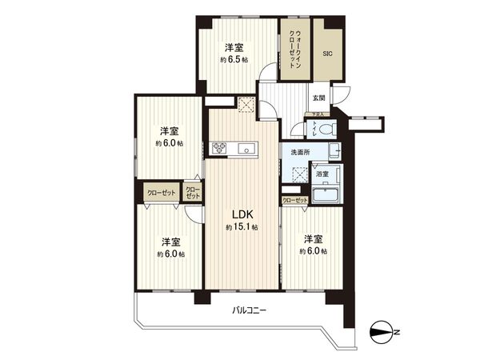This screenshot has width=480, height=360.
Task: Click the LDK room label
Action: [243, 214]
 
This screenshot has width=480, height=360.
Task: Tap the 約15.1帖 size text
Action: [242, 228]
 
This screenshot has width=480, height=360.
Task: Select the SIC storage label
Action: [327, 54]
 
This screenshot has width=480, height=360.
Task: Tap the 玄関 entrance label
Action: [318, 98]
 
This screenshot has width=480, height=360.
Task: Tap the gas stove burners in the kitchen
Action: [219, 148]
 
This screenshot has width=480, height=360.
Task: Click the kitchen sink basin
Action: [246, 148]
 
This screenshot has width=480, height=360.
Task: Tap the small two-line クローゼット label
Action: [193, 192]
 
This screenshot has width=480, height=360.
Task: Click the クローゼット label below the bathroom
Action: [294, 200]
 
